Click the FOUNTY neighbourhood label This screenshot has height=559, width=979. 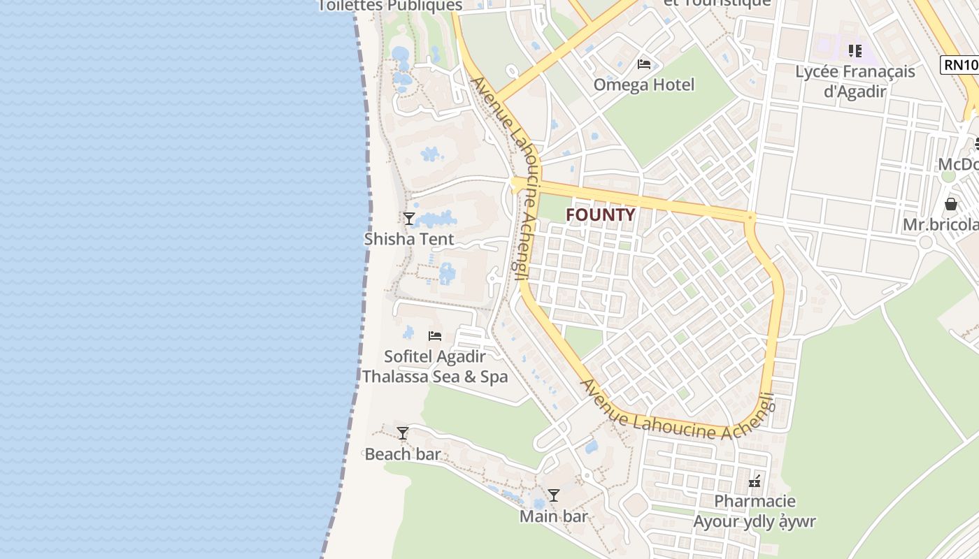[600, 215]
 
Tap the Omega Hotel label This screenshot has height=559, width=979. [644, 85]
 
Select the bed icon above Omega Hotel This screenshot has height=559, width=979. [644, 64]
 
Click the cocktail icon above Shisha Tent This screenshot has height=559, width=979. [409, 218]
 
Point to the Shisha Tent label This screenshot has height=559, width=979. [409, 239]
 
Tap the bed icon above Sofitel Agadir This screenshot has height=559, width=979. [435, 336]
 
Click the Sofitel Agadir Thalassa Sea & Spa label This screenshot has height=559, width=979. [435, 367]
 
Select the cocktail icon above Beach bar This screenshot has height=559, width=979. [403, 433]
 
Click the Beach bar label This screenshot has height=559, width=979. [403, 454]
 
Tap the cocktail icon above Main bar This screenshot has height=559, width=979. [554, 495]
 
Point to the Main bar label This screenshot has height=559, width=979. [554, 516]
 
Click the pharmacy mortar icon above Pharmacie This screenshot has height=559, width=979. [755, 481]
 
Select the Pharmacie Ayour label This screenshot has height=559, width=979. [755, 511]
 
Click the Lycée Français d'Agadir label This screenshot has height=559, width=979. [855, 81]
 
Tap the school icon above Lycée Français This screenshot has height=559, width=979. [855, 51]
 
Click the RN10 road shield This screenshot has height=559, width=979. [960, 65]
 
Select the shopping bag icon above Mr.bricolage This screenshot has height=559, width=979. [951, 204]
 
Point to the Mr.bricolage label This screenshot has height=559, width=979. [941, 225]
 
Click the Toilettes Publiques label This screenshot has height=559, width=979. [390, 6]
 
